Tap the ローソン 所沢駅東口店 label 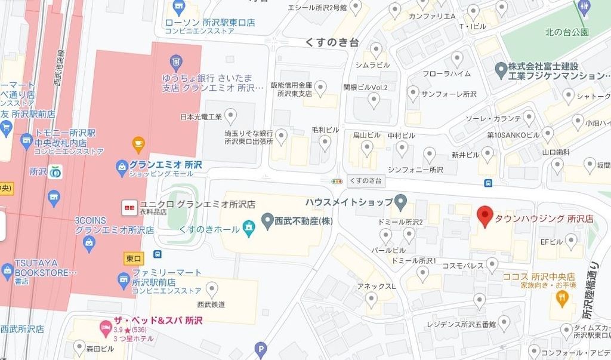tap(210, 23)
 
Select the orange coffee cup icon tap(138, 144)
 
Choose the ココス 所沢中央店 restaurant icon tap(562, 300)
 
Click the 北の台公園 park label tap(566, 32)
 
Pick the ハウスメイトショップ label tap(348, 202)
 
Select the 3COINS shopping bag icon tap(90, 242)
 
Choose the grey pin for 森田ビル tap(79, 345)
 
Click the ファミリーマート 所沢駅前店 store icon tap(123, 279)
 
